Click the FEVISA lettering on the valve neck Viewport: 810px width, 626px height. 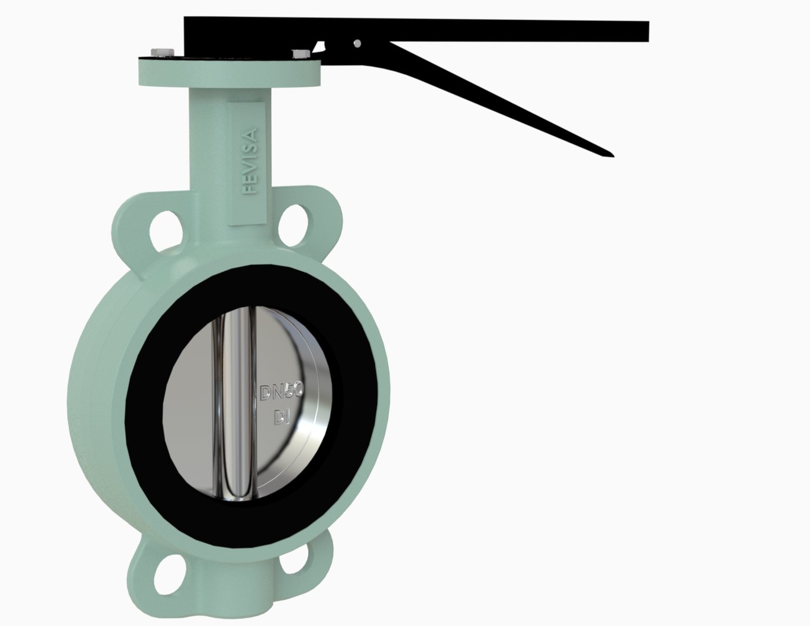(x=250, y=161)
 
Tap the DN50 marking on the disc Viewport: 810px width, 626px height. (x=282, y=392)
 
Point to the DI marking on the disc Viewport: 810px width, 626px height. (x=282, y=417)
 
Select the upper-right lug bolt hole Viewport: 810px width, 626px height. (x=294, y=225)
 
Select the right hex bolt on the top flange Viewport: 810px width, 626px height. (x=301, y=54)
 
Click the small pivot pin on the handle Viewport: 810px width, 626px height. (x=357, y=43)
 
